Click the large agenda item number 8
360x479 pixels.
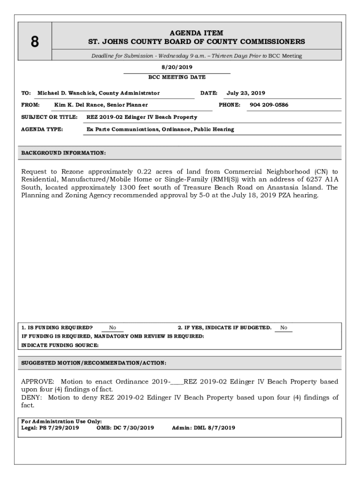35,43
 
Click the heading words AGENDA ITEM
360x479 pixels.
196,33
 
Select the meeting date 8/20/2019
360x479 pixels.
177,67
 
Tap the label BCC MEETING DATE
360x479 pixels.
177,77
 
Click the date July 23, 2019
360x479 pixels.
246,93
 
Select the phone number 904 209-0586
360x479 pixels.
269,105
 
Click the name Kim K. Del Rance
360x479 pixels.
81,105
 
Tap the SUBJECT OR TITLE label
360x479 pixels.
49,117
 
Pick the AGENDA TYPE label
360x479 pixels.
43,129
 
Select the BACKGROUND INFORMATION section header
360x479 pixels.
64,153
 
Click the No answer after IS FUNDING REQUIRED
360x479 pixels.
113,328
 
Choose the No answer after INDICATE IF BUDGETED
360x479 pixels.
284,328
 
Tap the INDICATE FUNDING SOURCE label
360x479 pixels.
60,345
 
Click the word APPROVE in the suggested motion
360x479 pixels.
38,382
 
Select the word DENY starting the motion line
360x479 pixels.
31,398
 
